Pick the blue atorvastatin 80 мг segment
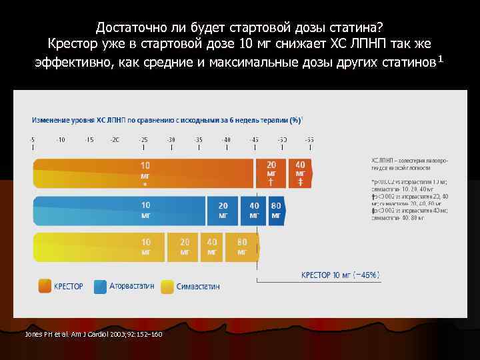[276, 210]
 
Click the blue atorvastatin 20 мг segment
[223, 210]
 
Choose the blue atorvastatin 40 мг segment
[254, 210]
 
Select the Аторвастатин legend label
[132, 287]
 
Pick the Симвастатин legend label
[198, 287]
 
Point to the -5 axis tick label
[33, 139]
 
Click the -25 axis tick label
[143, 139]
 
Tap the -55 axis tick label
[309, 139]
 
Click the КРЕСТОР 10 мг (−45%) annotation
[340, 275]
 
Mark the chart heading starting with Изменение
[167, 120]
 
